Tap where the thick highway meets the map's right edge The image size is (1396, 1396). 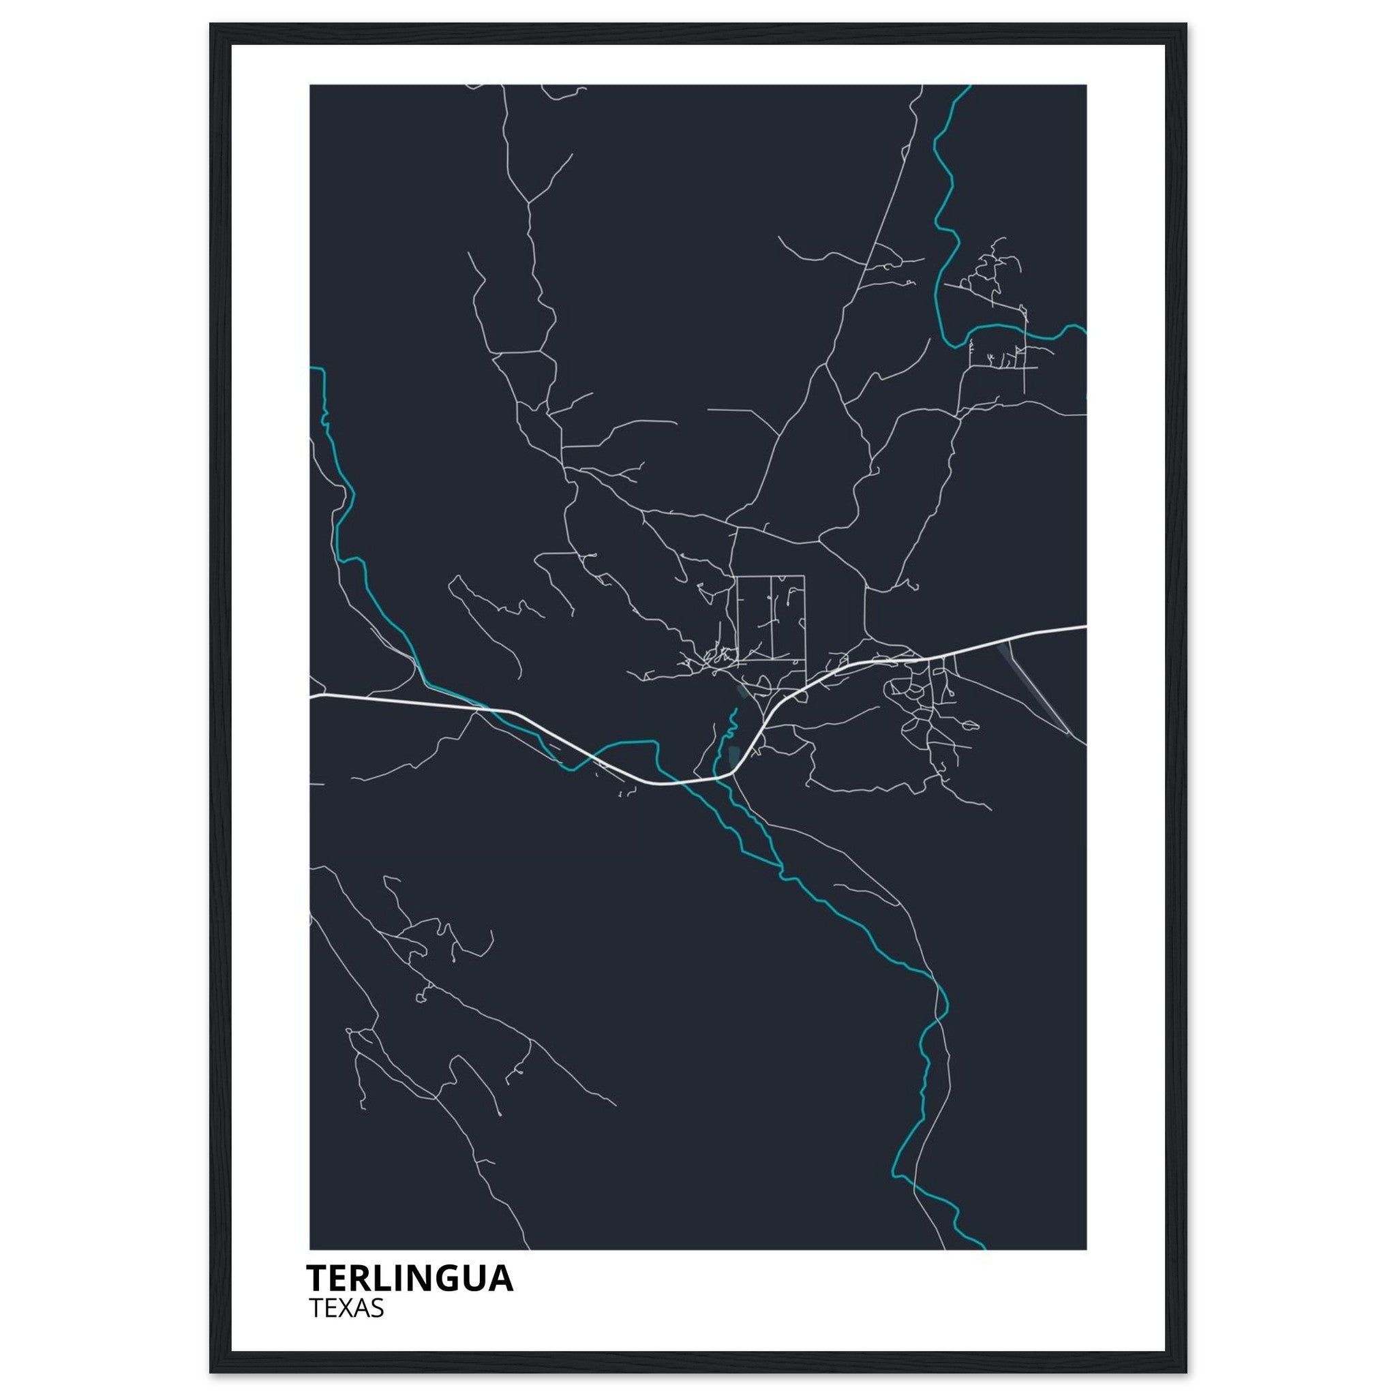point(1085,627)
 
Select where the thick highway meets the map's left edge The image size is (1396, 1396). point(312,697)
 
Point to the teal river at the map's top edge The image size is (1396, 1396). point(968,87)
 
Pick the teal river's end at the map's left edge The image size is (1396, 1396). point(312,369)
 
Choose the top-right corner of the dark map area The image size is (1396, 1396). point(1085,86)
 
